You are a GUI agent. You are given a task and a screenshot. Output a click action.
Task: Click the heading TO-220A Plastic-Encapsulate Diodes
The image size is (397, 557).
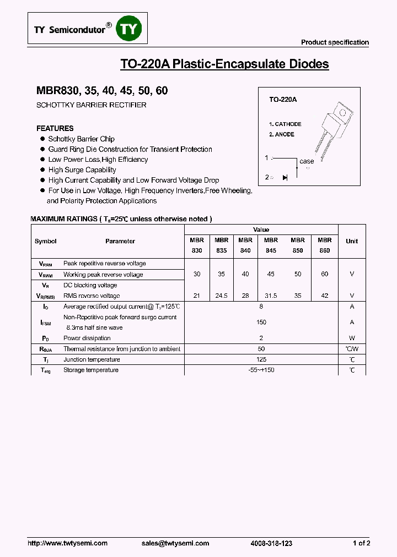(x=224, y=64)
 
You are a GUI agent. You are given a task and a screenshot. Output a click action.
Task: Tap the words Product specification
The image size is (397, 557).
(x=335, y=42)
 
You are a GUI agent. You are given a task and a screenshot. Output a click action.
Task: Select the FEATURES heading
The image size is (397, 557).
(x=55, y=128)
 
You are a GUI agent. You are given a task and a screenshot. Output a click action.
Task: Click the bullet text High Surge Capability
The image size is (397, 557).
(x=82, y=170)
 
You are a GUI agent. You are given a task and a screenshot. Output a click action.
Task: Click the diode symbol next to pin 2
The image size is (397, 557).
(x=285, y=177)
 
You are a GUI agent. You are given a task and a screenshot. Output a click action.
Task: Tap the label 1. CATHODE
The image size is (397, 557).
(x=285, y=124)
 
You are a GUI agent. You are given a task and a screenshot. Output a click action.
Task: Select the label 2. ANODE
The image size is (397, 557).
(x=282, y=134)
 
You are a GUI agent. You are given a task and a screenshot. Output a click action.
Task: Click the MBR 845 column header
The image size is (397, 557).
(x=271, y=245)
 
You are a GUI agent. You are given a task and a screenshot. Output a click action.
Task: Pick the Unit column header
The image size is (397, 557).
(x=351, y=241)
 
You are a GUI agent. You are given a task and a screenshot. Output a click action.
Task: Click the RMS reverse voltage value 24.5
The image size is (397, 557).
(x=221, y=296)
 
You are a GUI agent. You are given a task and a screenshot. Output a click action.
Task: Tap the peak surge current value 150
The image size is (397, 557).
(x=261, y=322)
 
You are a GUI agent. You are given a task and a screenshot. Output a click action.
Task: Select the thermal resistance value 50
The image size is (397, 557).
(x=261, y=349)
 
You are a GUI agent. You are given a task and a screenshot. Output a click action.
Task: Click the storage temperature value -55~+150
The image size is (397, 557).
(x=261, y=370)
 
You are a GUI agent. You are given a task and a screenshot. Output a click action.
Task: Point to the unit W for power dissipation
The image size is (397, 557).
(x=351, y=338)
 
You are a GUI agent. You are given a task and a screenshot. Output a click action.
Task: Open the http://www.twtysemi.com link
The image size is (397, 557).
(x=67, y=543)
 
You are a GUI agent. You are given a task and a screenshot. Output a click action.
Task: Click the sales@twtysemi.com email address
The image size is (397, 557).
(x=175, y=543)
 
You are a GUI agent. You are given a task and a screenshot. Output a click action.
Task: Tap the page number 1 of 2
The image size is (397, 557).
(x=361, y=543)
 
